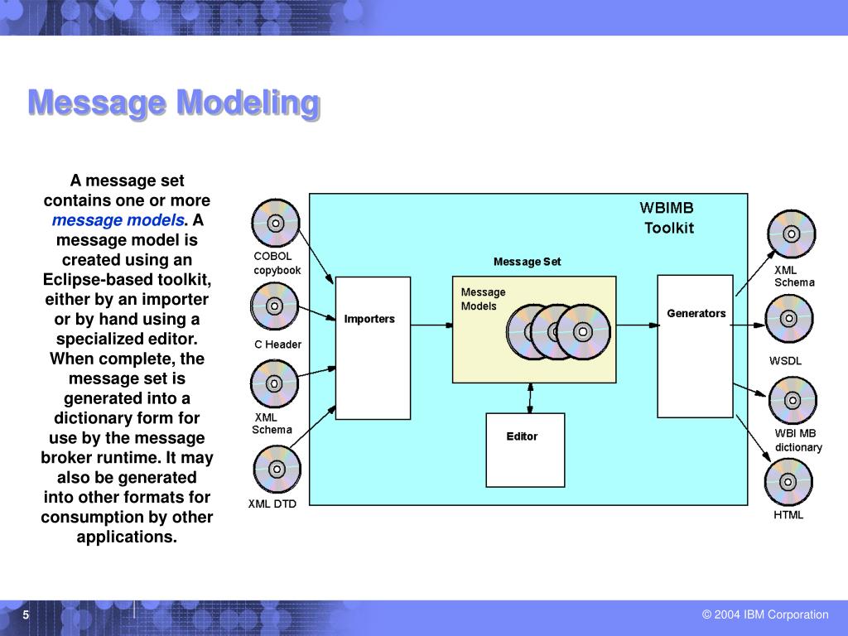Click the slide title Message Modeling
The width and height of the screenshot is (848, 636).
coord(174,104)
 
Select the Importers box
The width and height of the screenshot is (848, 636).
coord(373,348)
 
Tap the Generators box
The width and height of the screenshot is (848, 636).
coord(695,346)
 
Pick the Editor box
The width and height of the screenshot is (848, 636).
coord(525,450)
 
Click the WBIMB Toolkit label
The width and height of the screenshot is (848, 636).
coord(667,218)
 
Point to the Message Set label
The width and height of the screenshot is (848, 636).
coord(527,262)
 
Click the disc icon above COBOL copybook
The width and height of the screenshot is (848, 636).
coord(276,223)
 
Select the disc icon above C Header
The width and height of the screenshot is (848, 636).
coord(274,306)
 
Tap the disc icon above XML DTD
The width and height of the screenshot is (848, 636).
coord(275,470)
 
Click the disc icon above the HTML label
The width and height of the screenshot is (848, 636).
coord(788,481)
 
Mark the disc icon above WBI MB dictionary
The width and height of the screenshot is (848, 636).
coord(792,401)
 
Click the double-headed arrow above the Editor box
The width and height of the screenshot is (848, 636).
coord(530,397)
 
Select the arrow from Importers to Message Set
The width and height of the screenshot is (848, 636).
coord(431,326)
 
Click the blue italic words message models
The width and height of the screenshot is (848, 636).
coord(118,220)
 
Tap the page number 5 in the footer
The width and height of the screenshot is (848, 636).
coord(26,615)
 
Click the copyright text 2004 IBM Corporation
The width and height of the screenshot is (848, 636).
coord(764,614)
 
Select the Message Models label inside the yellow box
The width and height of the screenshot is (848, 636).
coord(482,299)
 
